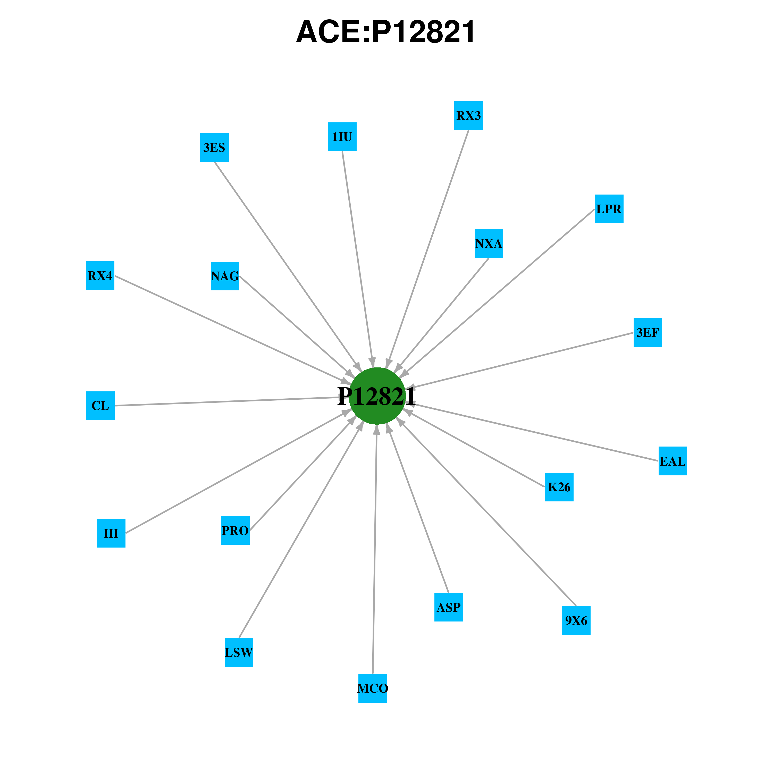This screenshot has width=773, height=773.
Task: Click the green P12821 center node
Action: click(377, 396)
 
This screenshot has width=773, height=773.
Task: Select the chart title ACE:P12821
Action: click(386, 32)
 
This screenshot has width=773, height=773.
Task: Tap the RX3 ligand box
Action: click(468, 116)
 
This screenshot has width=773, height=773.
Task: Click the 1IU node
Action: click(342, 137)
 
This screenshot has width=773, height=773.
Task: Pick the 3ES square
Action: click(214, 148)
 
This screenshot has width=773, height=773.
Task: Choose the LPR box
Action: click(609, 209)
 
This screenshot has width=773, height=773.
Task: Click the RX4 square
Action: click(100, 276)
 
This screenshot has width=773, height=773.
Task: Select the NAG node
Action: click(225, 276)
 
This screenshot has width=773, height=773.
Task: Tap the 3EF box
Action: click(648, 332)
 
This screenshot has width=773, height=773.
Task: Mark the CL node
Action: click(100, 406)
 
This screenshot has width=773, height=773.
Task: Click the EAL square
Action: click(673, 461)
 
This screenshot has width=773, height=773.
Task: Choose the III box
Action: click(111, 533)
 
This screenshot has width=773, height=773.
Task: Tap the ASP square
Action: click(449, 607)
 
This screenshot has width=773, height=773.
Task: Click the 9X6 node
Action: click(576, 620)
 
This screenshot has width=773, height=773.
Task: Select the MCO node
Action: click(373, 688)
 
